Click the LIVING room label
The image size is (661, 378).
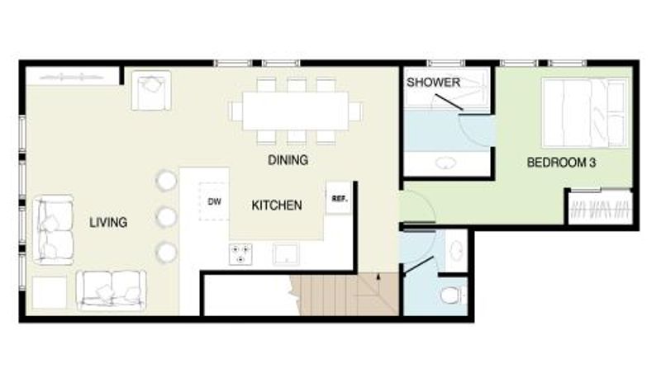[x=108, y=222]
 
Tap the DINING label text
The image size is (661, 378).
[x=288, y=160]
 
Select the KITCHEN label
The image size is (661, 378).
[x=277, y=206]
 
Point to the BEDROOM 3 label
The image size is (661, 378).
[x=561, y=163]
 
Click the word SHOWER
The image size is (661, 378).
[x=433, y=82]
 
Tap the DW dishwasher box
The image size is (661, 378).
[x=215, y=201]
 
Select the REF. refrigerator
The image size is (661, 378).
[x=340, y=198]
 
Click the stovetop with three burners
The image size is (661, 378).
[x=240, y=254]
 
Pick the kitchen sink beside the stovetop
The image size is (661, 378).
[x=286, y=254]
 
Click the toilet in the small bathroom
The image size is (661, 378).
[x=453, y=295]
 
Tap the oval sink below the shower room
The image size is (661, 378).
[x=446, y=163]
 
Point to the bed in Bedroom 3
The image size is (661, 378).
[x=584, y=113]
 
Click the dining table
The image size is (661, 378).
[x=296, y=111]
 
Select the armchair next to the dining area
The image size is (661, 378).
[x=151, y=91]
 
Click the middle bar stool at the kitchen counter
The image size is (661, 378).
[x=166, y=217]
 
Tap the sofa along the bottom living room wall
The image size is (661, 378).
[x=112, y=291]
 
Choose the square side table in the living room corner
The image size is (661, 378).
[x=50, y=292]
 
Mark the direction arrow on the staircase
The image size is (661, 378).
[x=378, y=277]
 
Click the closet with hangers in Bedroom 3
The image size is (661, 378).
[x=602, y=208]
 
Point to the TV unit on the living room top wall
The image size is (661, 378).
[x=72, y=77]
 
